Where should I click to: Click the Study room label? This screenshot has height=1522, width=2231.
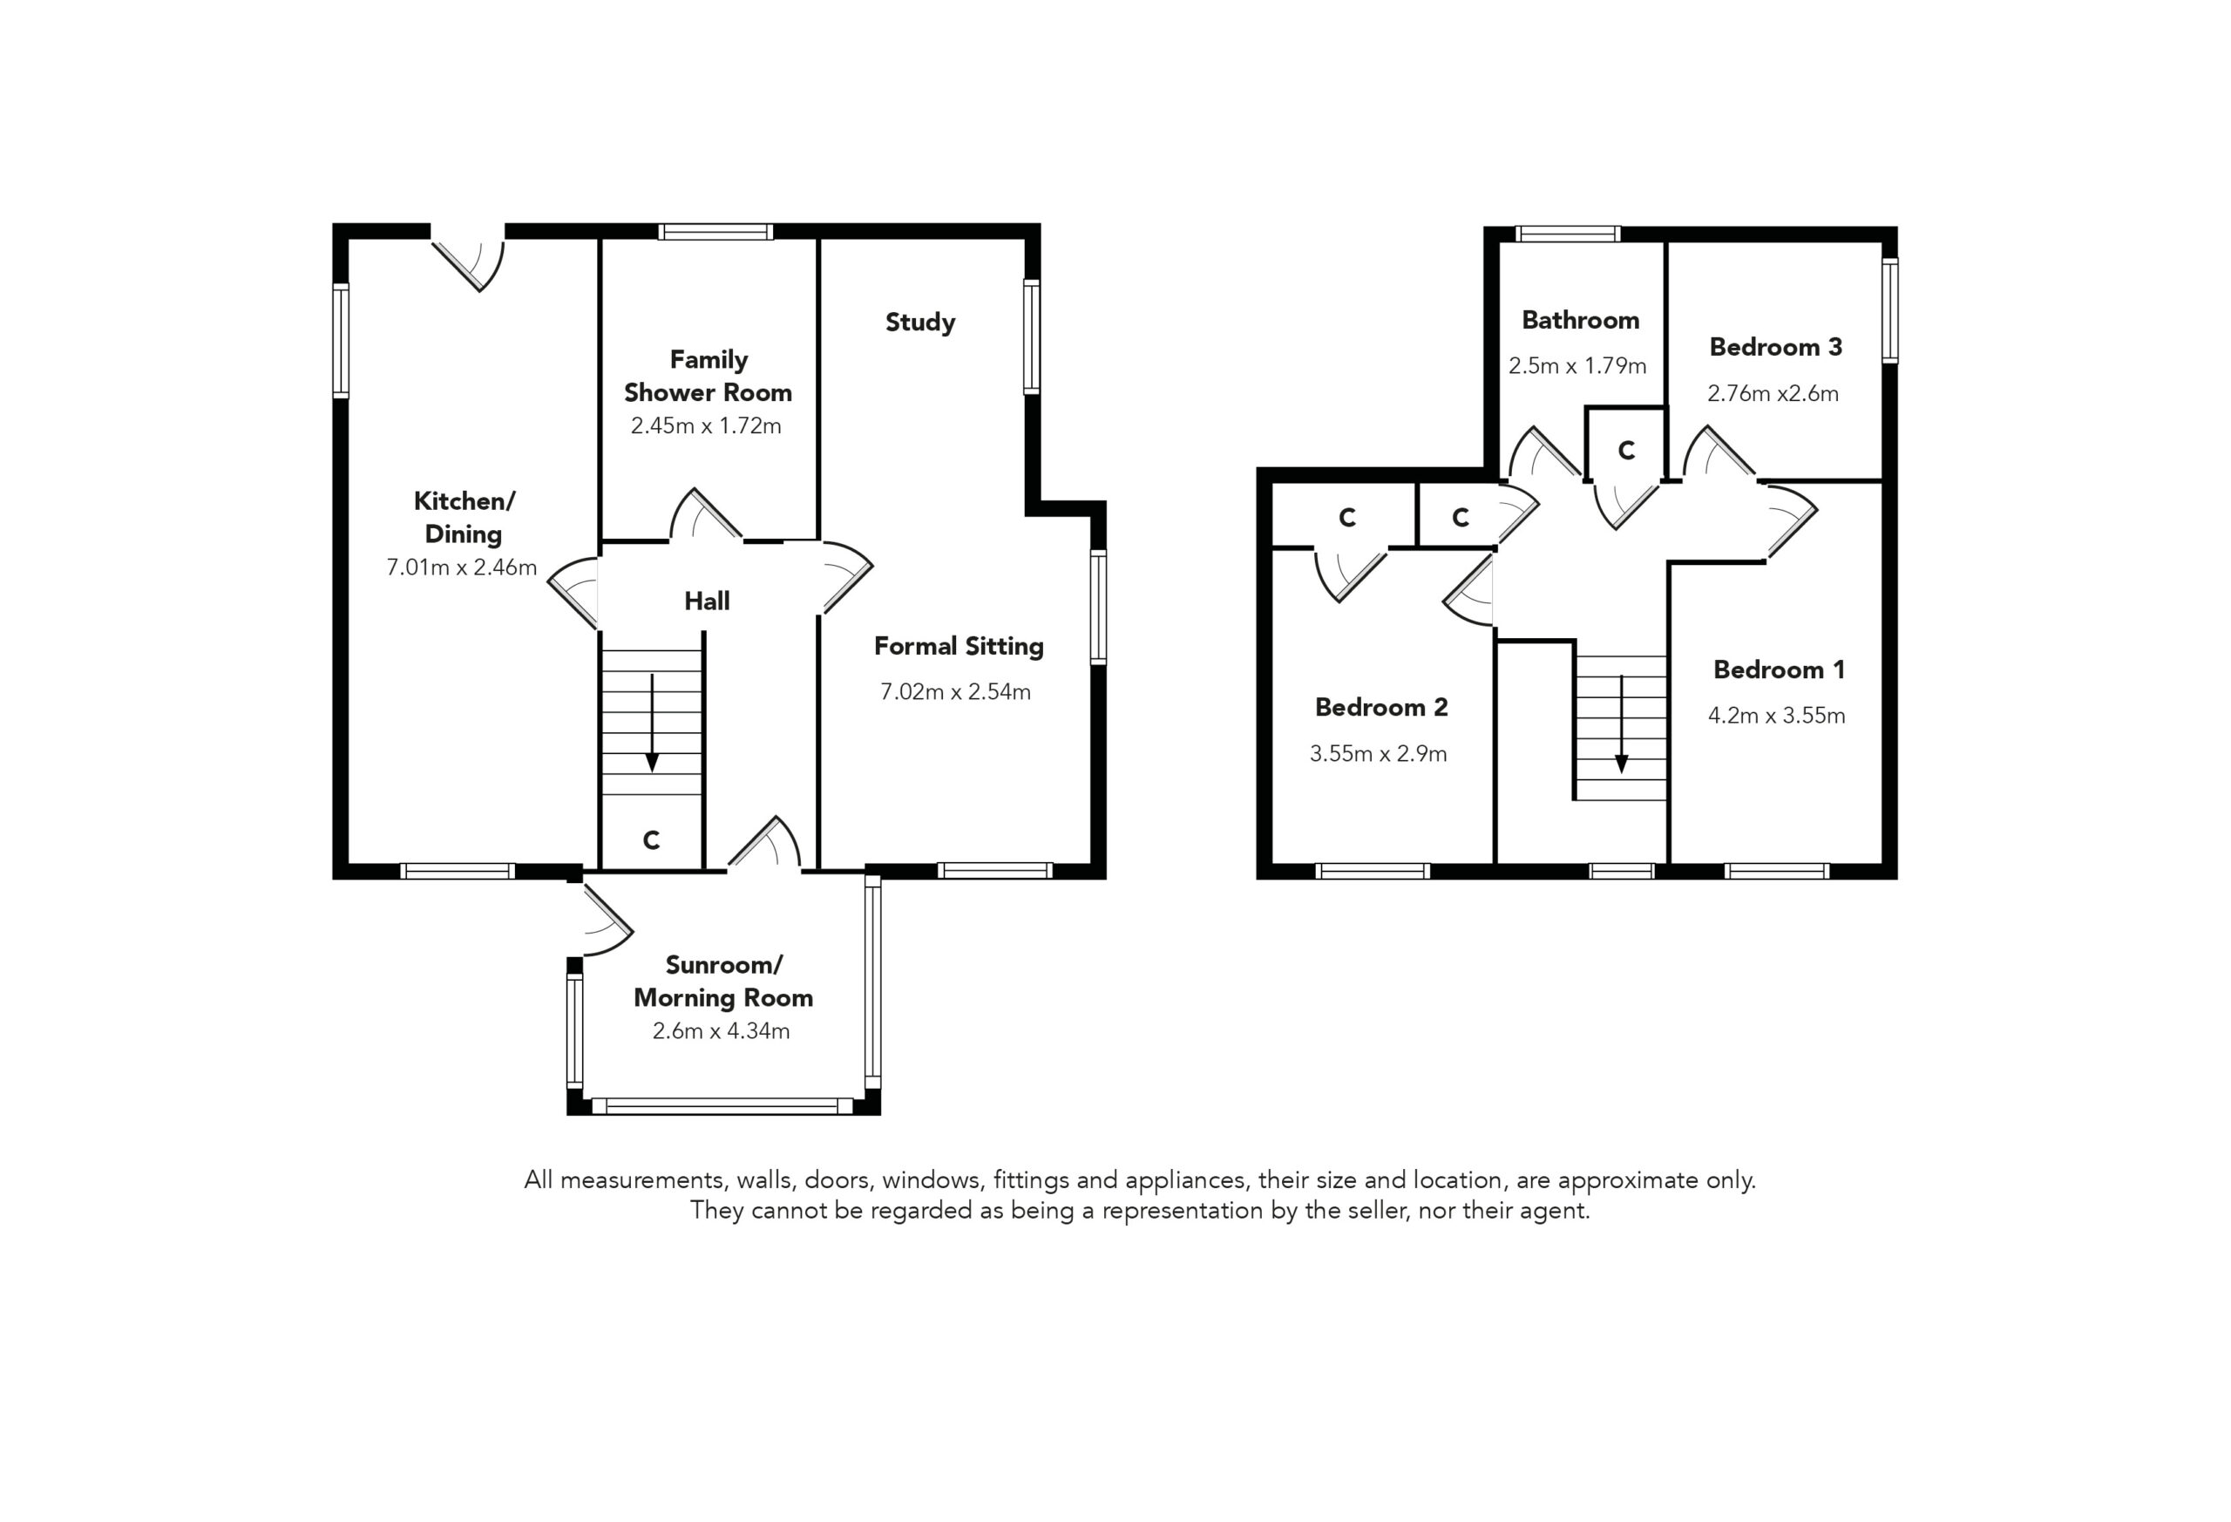click(919, 322)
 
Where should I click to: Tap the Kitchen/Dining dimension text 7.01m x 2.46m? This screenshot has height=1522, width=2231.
click(462, 567)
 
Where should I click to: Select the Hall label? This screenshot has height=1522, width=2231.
click(707, 601)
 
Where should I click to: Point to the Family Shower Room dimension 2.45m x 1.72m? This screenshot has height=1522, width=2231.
click(706, 425)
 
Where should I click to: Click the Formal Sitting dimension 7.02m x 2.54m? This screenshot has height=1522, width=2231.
click(955, 691)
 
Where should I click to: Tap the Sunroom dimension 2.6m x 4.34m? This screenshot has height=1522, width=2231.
click(721, 1030)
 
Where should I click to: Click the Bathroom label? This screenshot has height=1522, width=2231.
click(1580, 320)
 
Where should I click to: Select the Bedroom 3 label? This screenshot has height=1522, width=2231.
click(1776, 347)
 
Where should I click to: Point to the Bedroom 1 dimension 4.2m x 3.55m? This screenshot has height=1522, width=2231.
click(1776, 716)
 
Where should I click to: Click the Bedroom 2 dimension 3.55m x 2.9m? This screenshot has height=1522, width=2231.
click(1378, 754)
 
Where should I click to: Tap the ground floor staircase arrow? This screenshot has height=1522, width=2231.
click(652, 722)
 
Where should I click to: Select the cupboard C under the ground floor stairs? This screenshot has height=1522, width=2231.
click(651, 840)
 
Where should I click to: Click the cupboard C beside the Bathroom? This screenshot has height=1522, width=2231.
click(1626, 450)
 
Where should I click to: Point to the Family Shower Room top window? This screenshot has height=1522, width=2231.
click(715, 231)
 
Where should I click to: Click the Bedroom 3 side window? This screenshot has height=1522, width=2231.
click(1889, 310)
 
